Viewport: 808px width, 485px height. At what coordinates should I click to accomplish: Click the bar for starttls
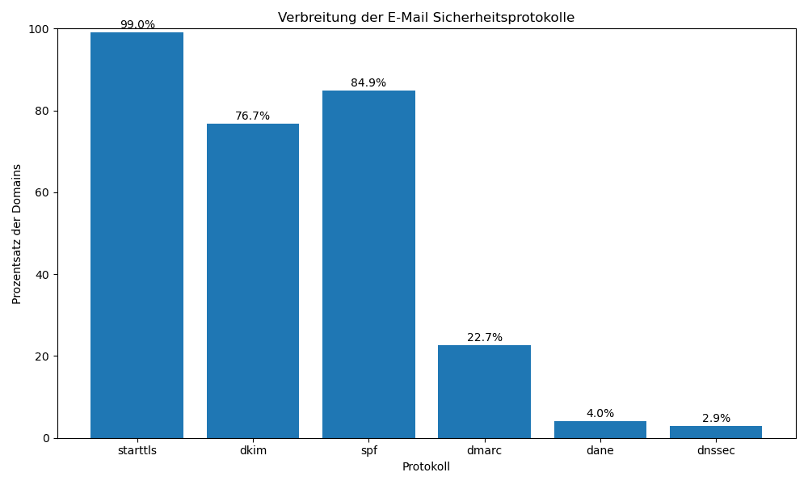click(137, 234)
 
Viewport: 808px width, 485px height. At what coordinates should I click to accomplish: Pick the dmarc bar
click(484, 391)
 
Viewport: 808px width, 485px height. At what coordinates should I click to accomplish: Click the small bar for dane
click(600, 430)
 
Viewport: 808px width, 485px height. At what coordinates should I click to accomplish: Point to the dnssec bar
click(716, 432)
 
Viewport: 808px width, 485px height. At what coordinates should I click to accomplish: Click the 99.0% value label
click(137, 25)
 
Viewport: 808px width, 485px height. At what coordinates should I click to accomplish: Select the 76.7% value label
click(253, 116)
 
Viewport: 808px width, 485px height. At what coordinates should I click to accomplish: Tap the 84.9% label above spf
click(368, 83)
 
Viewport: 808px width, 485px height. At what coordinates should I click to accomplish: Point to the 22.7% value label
click(485, 338)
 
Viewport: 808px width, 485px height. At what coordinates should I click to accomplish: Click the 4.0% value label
click(600, 414)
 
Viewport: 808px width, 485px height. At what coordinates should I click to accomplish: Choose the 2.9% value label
click(716, 419)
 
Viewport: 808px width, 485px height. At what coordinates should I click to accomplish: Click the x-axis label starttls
click(137, 451)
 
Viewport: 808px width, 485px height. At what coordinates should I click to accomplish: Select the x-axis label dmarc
click(484, 451)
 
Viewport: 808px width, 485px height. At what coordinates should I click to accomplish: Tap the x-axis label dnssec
click(716, 451)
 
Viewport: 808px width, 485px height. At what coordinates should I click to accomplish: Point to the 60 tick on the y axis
click(40, 193)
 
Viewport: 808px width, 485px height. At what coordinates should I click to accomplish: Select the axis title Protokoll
click(426, 467)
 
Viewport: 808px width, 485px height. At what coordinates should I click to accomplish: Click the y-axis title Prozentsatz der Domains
click(17, 234)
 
